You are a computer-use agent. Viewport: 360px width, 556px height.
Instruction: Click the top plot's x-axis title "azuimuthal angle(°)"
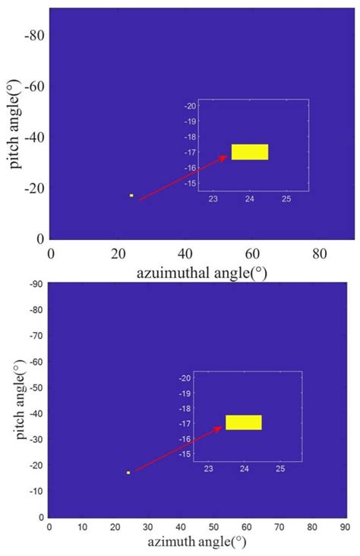coord(201,270)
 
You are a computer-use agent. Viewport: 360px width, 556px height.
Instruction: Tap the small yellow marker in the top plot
coord(131,195)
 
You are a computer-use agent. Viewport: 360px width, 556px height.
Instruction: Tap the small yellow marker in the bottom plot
coord(128,472)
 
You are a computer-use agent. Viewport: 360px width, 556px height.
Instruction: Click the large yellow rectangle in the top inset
coord(250,152)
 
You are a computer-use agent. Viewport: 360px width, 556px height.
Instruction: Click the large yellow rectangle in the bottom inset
coord(244,422)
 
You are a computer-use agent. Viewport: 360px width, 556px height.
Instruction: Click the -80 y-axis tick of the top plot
coord(33,36)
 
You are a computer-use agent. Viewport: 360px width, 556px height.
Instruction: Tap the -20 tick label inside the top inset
coord(191,106)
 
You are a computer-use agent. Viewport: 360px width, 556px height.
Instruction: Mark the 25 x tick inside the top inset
coord(287,199)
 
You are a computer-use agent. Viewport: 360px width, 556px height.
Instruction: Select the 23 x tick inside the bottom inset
coord(208,469)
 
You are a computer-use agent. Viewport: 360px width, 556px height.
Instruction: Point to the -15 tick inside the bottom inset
coord(187,453)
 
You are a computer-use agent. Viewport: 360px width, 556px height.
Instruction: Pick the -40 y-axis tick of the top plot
coord(33,137)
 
